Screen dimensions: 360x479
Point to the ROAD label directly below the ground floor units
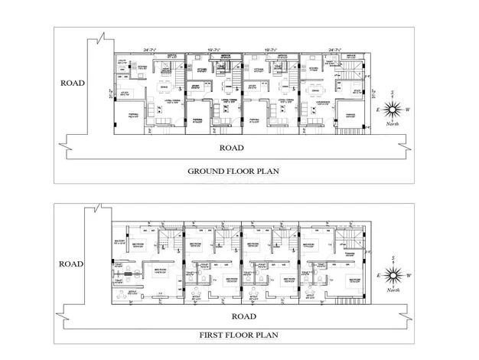click(x=232, y=148)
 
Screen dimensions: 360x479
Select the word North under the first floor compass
click(x=393, y=290)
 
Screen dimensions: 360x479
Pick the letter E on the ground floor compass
click(x=377, y=110)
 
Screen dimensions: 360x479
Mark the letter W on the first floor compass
click(x=408, y=275)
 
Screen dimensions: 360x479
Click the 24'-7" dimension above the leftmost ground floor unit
click(x=149, y=51)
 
